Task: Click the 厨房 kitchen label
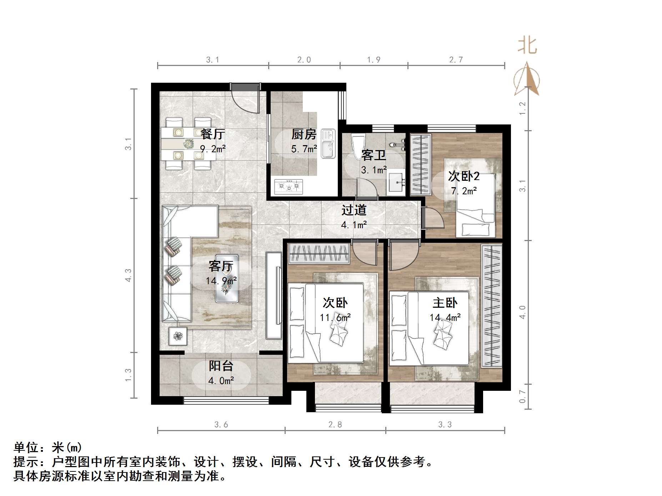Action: click(x=304, y=134)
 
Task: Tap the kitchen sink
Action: click(x=328, y=144)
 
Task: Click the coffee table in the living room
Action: click(x=227, y=278)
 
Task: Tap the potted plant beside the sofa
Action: click(x=178, y=336)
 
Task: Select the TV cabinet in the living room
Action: click(x=274, y=295)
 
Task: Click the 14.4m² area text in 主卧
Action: click(x=445, y=317)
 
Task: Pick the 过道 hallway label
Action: click(x=354, y=210)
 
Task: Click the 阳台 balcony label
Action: click(x=221, y=366)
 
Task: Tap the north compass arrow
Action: click(x=527, y=80)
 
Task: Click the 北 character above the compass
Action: click(x=527, y=46)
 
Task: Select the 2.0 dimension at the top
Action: click(x=304, y=60)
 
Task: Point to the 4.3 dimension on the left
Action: click(x=128, y=275)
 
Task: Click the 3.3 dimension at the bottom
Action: click(x=445, y=424)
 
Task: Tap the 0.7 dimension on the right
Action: click(x=522, y=397)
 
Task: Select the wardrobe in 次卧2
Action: click(x=421, y=164)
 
